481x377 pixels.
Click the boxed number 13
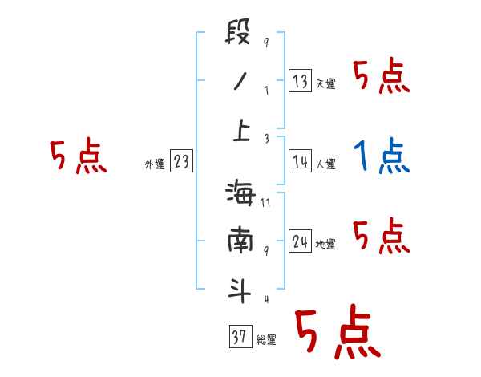tap(300, 81)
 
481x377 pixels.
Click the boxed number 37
tap(239, 337)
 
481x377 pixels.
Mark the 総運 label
tap(266, 340)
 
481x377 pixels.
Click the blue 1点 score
tap(382, 156)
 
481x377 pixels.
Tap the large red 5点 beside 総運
tap(336, 333)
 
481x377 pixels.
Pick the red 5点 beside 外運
tap(79, 156)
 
